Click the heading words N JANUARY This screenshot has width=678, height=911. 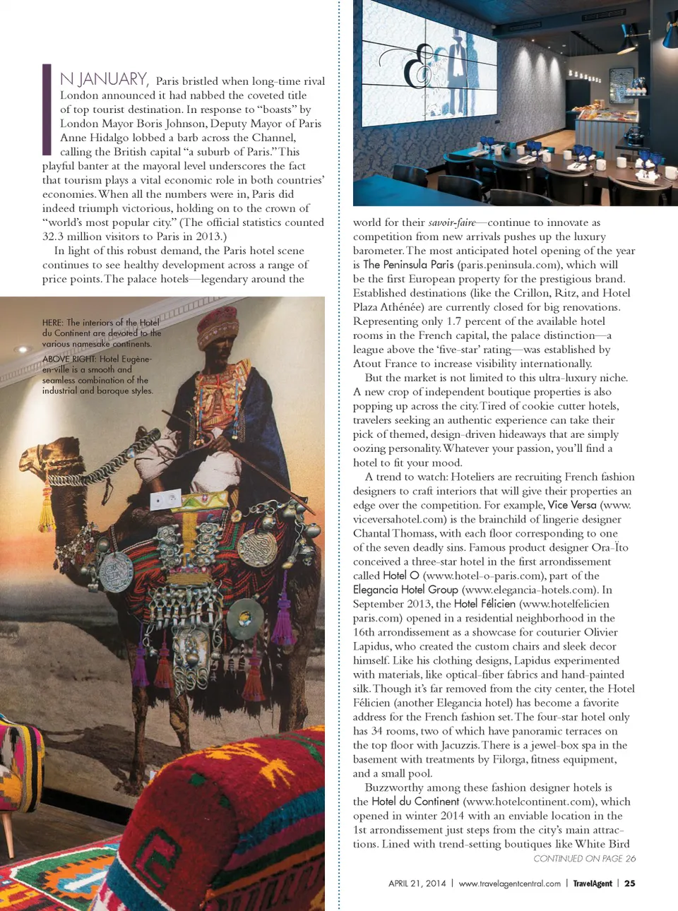[x=103, y=79]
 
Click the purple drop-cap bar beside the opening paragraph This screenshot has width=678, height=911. [x=47, y=109]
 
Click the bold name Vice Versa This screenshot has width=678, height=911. [x=572, y=505]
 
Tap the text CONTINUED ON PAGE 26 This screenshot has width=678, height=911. [x=584, y=859]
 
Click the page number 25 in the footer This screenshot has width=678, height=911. [x=630, y=883]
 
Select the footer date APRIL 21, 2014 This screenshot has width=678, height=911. [x=417, y=883]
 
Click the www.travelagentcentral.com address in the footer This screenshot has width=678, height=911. [x=509, y=883]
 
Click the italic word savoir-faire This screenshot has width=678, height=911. [x=452, y=222]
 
